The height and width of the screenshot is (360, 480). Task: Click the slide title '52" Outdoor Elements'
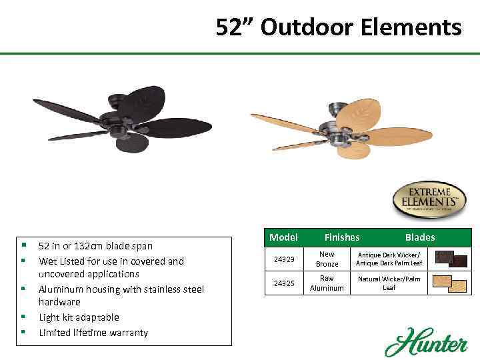pyautogui.click(x=338, y=28)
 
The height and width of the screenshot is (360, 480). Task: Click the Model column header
pyautogui.click(x=283, y=237)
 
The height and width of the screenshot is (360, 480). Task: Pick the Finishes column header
pyautogui.click(x=341, y=237)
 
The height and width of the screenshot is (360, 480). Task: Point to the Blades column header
pyautogui.click(x=419, y=237)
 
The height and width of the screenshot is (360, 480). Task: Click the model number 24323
pyautogui.click(x=283, y=259)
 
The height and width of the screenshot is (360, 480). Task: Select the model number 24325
pyautogui.click(x=283, y=283)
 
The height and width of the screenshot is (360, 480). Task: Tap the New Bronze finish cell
pyautogui.click(x=327, y=259)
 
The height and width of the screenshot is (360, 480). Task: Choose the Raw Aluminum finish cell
pyautogui.click(x=327, y=283)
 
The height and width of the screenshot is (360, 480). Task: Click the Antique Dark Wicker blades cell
pyautogui.click(x=390, y=259)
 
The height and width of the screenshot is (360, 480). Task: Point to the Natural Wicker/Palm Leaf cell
pyautogui.click(x=390, y=283)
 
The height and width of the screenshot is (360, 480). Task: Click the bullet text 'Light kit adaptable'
pyautogui.click(x=79, y=317)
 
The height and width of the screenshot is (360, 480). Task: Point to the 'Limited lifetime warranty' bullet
pyautogui.click(x=93, y=333)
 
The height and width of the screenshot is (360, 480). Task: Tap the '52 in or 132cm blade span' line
pyautogui.click(x=95, y=246)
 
